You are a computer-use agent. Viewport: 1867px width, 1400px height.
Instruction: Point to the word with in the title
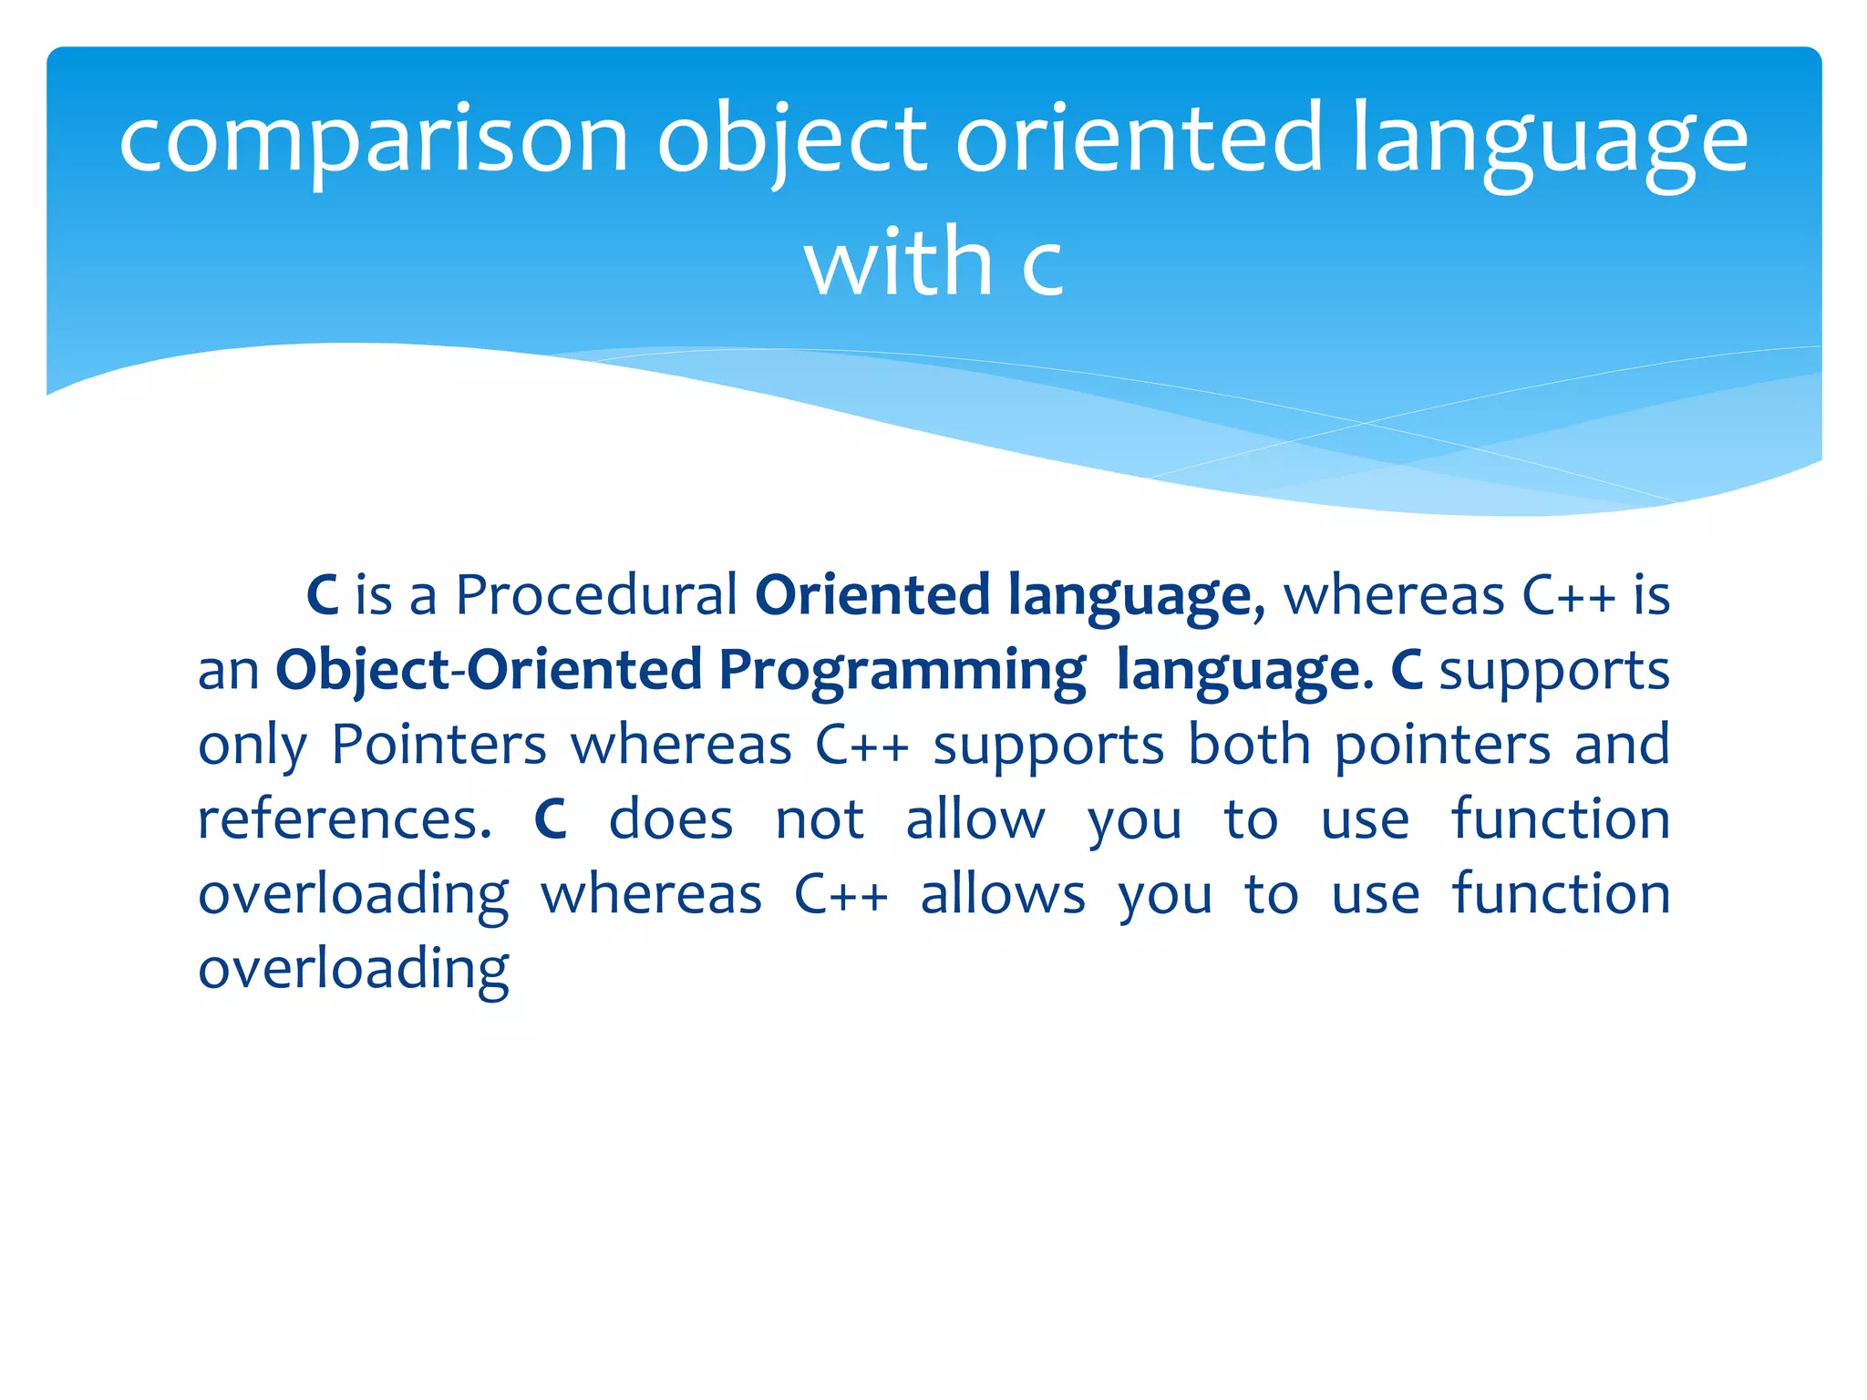point(898,262)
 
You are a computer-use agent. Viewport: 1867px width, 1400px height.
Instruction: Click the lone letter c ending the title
point(1042,266)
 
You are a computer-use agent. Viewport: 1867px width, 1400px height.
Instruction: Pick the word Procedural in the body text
point(596,596)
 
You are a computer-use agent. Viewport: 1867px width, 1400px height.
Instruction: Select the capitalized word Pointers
point(438,745)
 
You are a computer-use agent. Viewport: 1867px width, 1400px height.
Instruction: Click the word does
point(671,819)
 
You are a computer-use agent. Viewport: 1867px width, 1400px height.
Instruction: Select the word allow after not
point(975,819)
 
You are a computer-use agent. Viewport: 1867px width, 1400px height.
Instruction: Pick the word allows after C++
point(1003,894)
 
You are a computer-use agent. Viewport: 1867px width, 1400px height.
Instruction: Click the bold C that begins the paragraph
point(323,596)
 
